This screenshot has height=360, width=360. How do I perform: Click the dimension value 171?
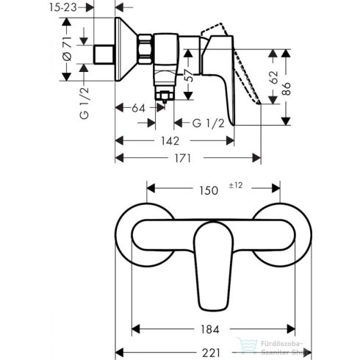pos(190,158)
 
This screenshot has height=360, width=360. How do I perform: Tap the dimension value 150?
pos(209,190)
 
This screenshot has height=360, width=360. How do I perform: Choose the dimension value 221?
pos(212,343)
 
